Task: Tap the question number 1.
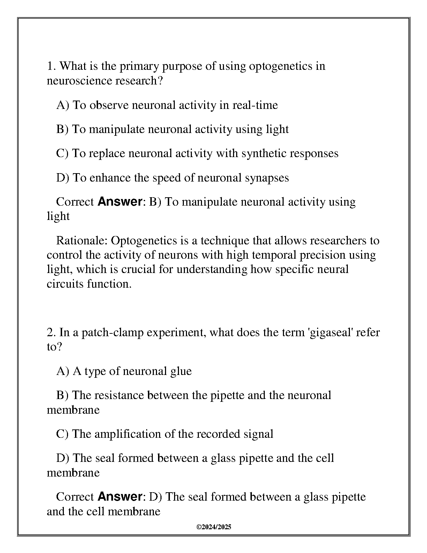click(51, 66)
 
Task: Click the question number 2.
click(51, 332)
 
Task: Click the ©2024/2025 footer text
click(214, 527)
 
